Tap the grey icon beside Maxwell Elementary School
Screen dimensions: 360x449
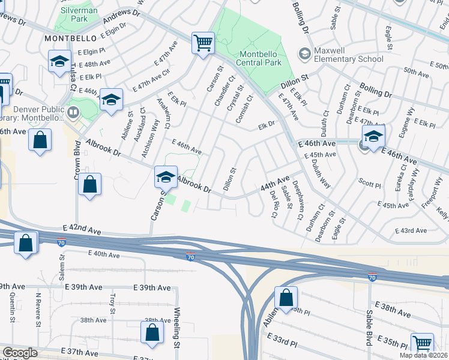click(x=305, y=54)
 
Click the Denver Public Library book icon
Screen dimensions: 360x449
click(x=73, y=112)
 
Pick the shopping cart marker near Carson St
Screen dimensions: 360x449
click(x=203, y=43)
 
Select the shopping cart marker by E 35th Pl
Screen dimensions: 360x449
click(x=422, y=344)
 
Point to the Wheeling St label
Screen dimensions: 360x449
click(x=176, y=328)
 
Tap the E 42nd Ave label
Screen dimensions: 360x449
click(x=82, y=229)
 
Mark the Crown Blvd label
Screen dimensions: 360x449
click(x=77, y=158)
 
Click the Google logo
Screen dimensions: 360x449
click(x=20, y=353)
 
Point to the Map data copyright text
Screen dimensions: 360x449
click(x=423, y=355)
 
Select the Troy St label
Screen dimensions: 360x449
click(x=112, y=304)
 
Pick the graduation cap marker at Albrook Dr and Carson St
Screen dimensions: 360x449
click(x=166, y=177)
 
